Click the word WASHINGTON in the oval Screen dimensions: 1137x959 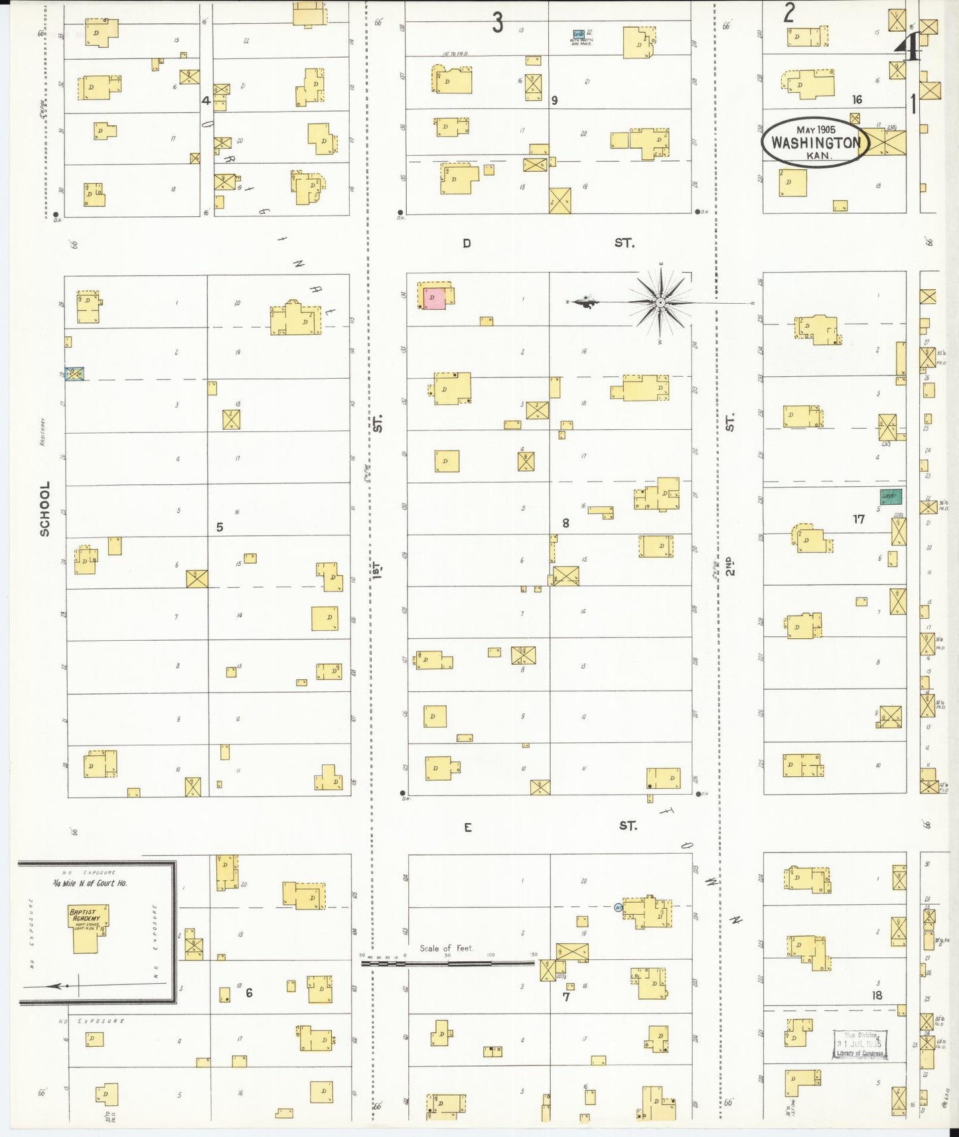(816, 143)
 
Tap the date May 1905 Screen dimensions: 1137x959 (816, 129)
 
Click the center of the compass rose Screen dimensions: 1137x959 (660, 303)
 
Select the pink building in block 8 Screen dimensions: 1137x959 (434, 299)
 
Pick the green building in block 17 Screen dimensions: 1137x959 (890, 496)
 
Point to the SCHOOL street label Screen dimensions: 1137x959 (44, 509)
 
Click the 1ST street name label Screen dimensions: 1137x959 (377, 570)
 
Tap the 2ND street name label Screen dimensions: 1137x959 (730, 566)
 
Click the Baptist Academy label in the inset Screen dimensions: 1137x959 (84, 915)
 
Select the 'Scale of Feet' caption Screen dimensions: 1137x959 (446, 948)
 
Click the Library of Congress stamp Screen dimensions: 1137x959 (860, 1044)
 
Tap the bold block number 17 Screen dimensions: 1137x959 (859, 519)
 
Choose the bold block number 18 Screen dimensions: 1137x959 (877, 995)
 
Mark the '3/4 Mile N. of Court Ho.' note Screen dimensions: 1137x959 (90, 883)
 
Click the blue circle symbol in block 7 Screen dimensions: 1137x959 (619, 907)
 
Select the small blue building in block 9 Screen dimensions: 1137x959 (579, 34)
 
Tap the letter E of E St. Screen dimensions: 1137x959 (468, 827)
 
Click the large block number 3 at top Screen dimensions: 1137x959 (498, 23)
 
